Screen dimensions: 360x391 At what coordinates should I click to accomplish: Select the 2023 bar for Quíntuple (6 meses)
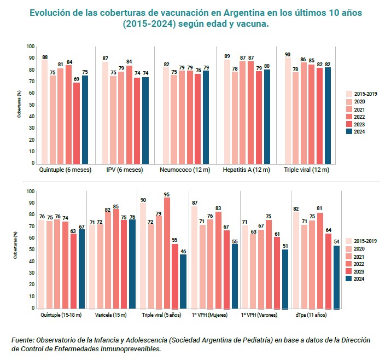(x=77, y=123)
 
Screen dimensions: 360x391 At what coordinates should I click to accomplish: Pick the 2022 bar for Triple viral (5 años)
(x=167, y=252)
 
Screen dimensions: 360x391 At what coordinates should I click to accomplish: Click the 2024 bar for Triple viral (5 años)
(x=183, y=281)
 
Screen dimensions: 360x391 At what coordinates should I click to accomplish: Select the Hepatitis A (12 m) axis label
(x=246, y=170)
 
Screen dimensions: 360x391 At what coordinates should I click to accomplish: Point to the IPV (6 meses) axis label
(x=125, y=170)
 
